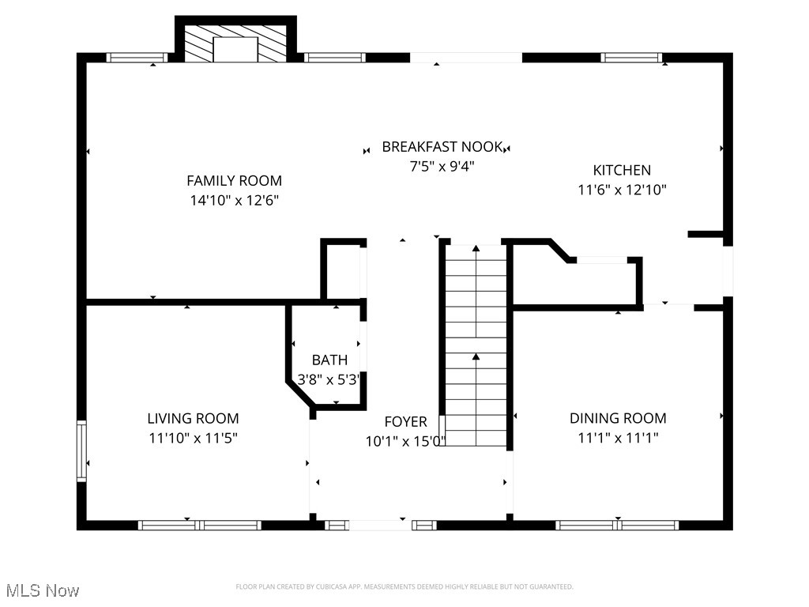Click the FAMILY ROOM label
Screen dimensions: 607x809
pos(234,181)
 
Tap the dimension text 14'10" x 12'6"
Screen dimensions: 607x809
pos(234,201)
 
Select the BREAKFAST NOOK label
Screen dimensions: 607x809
pos(442,146)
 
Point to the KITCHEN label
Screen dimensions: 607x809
pos(622,170)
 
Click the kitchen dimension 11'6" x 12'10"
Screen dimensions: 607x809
pos(622,190)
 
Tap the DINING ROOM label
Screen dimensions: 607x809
pos(618,418)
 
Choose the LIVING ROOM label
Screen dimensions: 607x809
pos(193,418)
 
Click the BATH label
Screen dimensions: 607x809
pos(329,360)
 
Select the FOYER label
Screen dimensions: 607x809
pos(405,422)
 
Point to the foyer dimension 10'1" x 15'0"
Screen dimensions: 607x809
pos(405,441)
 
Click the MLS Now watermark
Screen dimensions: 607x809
pos(42,590)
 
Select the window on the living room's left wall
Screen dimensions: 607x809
pos(81,451)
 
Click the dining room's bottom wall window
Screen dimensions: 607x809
pos(617,525)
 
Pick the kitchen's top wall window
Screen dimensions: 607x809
pos(630,57)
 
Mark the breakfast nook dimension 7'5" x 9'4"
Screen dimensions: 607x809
pos(442,166)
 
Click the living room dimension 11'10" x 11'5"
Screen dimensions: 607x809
pos(193,438)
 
